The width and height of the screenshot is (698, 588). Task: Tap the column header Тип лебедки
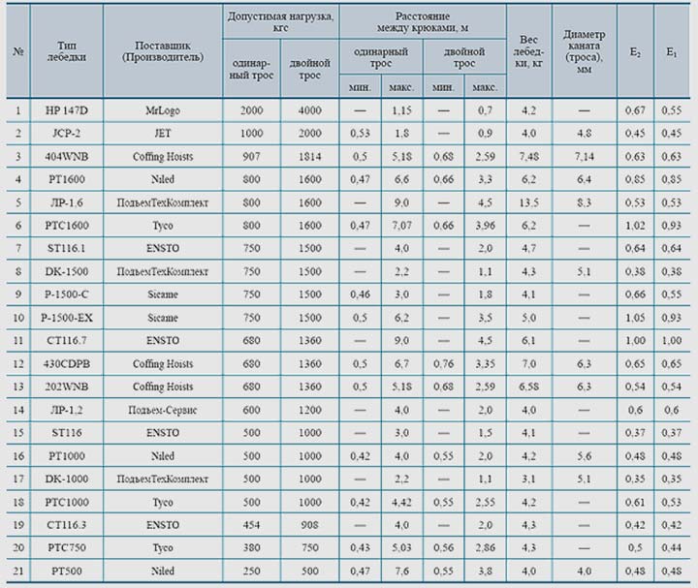pyautogui.click(x=65, y=50)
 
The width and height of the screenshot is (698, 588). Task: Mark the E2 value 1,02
pyautogui.click(x=635, y=230)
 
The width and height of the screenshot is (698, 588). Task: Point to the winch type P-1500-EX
pyautogui.click(x=65, y=317)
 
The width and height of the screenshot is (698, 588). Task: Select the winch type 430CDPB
pyautogui.click(x=65, y=363)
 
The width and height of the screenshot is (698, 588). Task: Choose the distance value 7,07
pyautogui.click(x=401, y=230)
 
